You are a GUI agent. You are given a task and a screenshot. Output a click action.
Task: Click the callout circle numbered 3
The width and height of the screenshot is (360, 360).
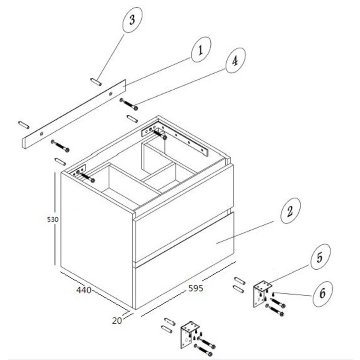(132, 20)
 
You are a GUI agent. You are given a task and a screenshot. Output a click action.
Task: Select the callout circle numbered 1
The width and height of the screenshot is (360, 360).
(201, 49)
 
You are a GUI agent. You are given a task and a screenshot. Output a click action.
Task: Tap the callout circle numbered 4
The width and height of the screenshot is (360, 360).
(236, 60)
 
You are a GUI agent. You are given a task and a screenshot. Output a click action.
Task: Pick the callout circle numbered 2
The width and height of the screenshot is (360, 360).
(290, 210)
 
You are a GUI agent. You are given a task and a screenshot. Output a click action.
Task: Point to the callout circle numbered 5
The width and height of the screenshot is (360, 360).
(320, 257)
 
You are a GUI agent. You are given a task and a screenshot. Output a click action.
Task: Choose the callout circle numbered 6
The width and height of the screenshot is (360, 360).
(322, 294)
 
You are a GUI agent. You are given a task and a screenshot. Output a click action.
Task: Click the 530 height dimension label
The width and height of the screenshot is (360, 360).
(52, 220)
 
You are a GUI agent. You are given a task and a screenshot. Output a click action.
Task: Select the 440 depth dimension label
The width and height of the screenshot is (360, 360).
(84, 290)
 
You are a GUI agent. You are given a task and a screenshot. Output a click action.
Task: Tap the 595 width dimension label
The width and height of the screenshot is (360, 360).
(196, 288)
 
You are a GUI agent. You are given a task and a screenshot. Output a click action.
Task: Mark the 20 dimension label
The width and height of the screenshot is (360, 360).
(117, 321)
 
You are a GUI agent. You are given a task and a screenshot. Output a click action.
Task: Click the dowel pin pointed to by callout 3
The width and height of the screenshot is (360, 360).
(96, 82)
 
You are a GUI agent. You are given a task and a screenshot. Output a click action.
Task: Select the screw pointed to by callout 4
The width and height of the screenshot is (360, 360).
(129, 104)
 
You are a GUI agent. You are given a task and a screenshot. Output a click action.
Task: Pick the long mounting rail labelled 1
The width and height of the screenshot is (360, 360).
(74, 114)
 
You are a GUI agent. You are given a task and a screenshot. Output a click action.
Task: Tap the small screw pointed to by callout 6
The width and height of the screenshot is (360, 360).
(273, 294)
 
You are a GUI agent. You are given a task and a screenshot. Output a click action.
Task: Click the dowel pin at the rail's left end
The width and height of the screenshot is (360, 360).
(24, 125)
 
